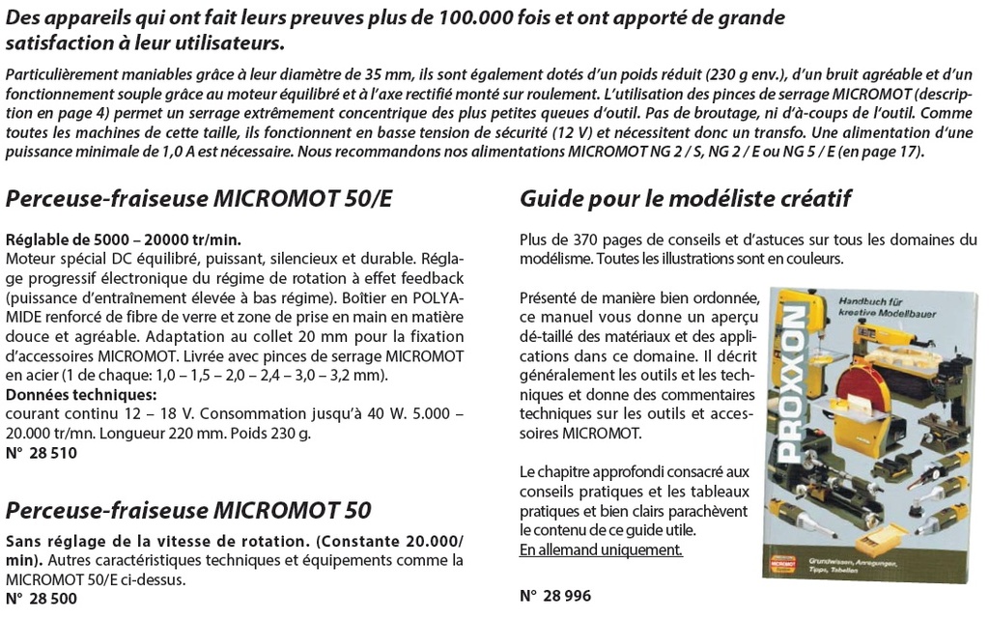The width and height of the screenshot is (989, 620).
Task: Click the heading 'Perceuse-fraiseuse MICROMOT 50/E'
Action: click(x=199, y=199)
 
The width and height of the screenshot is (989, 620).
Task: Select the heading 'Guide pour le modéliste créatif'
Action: click(x=685, y=199)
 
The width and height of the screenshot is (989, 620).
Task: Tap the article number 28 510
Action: click(x=42, y=452)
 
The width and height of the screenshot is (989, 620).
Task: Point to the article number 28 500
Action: click(x=42, y=599)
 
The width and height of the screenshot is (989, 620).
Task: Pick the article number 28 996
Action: click(x=555, y=596)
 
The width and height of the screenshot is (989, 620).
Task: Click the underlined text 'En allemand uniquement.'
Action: click(x=601, y=550)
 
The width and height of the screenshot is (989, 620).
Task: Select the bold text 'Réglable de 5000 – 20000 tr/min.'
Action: click(x=124, y=240)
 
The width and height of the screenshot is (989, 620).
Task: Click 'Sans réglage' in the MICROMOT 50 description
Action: click(x=50, y=540)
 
